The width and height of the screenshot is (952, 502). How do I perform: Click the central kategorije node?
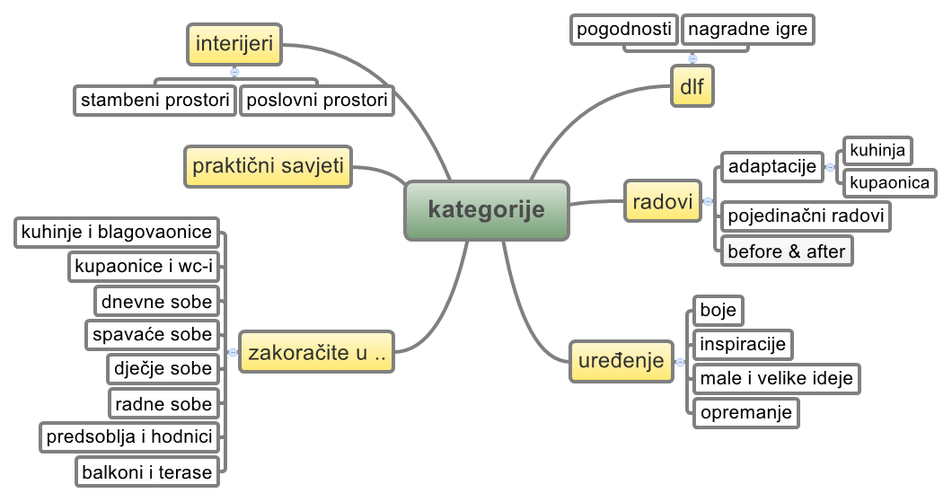pyautogui.click(x=486, y=211)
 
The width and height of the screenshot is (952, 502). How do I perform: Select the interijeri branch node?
pyautogui.click(x=234, y=44)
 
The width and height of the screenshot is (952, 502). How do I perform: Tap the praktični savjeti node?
pyautogui.click(x=269, y=166)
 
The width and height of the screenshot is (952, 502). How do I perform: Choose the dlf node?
pyautogui.click(x=692, y=87)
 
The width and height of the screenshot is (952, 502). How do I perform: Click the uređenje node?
pyautogui.click(x=621, y=361)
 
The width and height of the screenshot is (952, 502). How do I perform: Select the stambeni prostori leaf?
pyautogui.click(x=154, y=99)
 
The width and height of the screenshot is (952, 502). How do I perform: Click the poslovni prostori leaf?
pyautogui.click(x=317, y=99)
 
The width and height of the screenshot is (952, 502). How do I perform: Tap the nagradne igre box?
pyautogui.click(x=748, y=29)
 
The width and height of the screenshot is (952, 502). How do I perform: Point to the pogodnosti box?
pyautogui.click(x=623, y=29)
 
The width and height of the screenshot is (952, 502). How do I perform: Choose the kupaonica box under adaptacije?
pyautogui.click(x=888, y=182)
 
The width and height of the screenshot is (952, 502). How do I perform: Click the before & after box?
pyautogui.click(x=786, y=251)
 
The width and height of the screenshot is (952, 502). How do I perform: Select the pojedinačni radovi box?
pyautogui.click(x=806, y=216)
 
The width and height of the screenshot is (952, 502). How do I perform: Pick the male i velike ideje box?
pyautogui.click(x=776, y=378)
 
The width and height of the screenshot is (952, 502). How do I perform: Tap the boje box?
pyautogui.click(x=718, y=311)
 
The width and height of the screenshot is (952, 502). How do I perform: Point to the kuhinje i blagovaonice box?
pyautogui.click(x=117, y=233)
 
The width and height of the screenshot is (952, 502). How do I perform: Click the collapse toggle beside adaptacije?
pyautogui.click(x=830, y=166)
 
